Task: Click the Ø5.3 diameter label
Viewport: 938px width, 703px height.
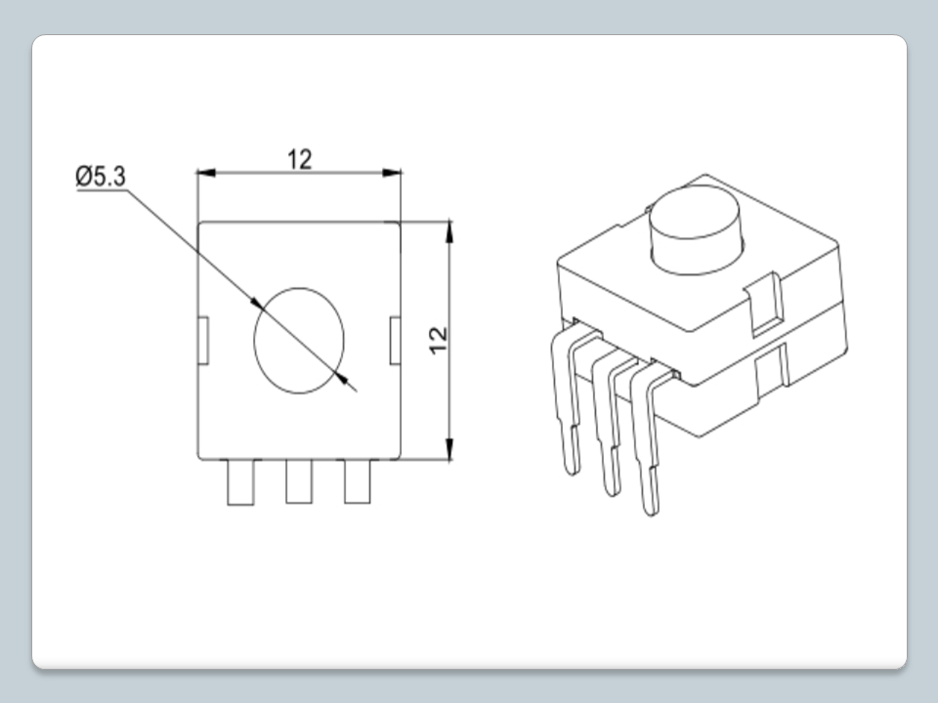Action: coord(101,177)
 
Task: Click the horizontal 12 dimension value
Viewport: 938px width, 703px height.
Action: coord(299,159)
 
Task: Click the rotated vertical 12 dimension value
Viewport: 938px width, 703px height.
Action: coord(439,341)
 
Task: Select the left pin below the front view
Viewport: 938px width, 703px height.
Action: coord(240,481)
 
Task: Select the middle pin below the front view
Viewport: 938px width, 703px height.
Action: coord(299,481)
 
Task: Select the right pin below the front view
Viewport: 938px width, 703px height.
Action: coord(358,481)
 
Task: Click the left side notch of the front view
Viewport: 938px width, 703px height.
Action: coord(203,341)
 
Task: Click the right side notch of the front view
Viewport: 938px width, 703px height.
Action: coord(395,341)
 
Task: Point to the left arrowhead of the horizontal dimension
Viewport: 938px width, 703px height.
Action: coord(206,173)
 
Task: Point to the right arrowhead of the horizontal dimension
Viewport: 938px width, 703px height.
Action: coord(392,173)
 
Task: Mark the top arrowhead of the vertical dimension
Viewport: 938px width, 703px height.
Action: coord(449,232)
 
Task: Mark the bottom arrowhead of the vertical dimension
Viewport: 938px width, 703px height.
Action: coord(449,449)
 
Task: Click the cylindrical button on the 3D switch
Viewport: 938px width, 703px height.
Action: coord(695,229)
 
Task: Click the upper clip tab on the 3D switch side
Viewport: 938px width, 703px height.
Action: coord(765,303)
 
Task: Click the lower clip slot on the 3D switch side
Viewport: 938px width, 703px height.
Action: coord(771,372)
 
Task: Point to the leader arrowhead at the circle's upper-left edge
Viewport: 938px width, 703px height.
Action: coord(256,304)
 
